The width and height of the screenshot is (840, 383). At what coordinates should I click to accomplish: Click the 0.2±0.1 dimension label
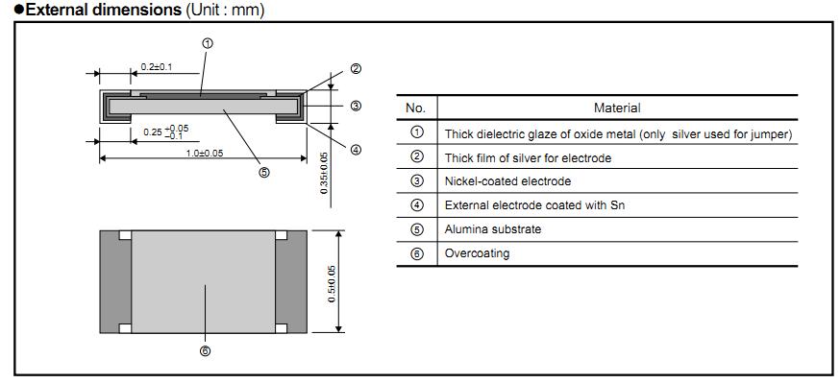tap(156, 67)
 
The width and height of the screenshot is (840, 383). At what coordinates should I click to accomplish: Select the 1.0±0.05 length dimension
tap(205, 153)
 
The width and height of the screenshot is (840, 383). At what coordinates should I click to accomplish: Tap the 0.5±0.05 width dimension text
tap(332, 283)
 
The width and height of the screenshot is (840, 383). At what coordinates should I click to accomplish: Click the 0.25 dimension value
tap(152, 132)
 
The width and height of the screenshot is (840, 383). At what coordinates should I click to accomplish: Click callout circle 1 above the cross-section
tap(208, 44)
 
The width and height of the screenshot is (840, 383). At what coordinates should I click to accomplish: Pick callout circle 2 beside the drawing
tap(356, 68)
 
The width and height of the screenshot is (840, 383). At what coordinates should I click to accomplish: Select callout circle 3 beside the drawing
tap(356, 106)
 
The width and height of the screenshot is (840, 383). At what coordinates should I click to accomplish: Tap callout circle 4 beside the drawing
tap(356, 151)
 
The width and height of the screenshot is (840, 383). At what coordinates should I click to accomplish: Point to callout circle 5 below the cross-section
tap(263, 172)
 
